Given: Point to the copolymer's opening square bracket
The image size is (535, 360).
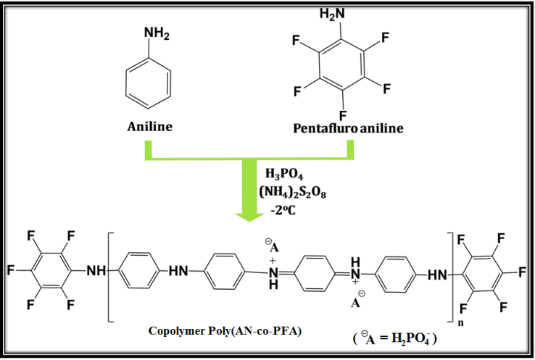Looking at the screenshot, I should (110, 275).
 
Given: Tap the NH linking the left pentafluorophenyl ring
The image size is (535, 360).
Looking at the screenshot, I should (94, 272).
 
